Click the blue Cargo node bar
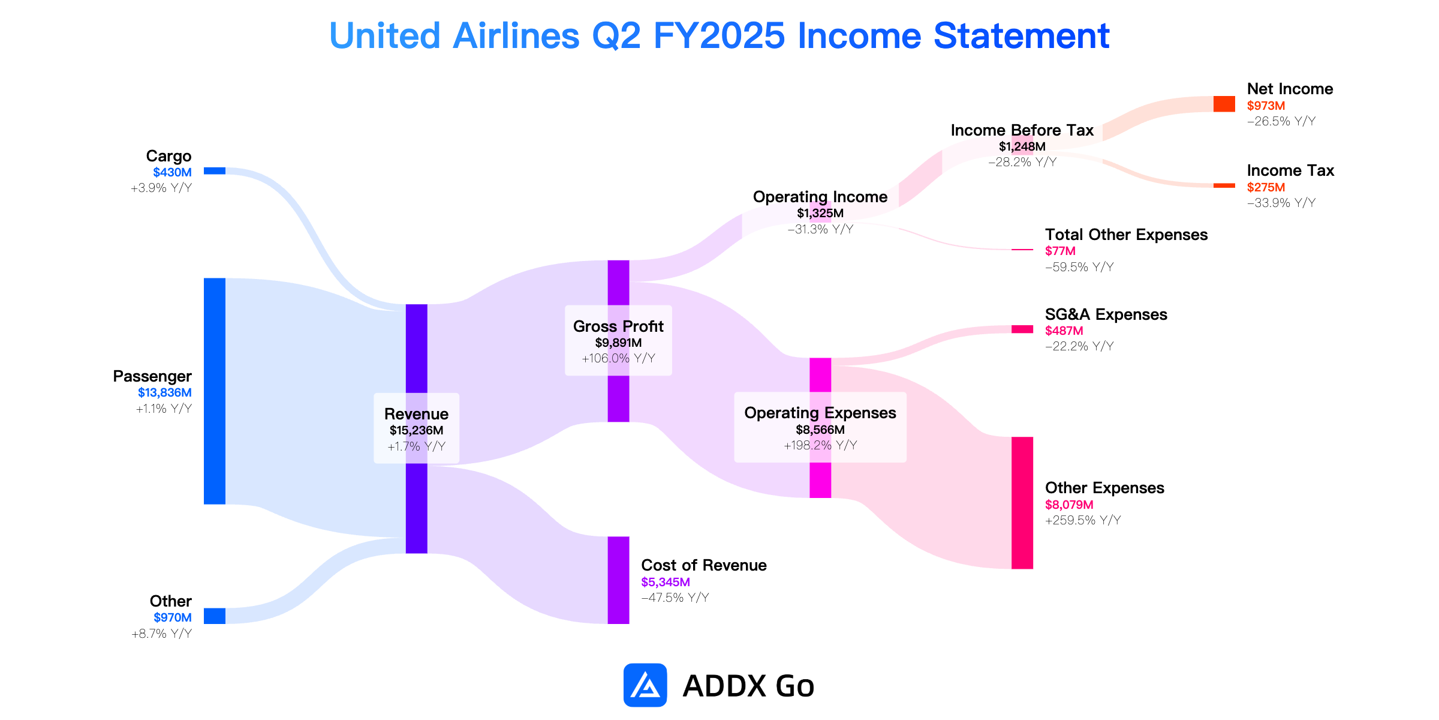click(x=215, y=171)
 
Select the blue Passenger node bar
click(x=215, y=391)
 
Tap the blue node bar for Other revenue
click(x=215, y=616)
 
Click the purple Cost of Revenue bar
click(x=618, y=580)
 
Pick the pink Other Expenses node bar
click(x=1022, y=503)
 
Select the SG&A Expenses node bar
click(x=1022, y=329)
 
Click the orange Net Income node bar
click(x=1224, y=104)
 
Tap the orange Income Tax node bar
click(x=1224, y=185)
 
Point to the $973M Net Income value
click(x=1266, y=106)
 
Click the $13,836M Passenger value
click(x=165, y=392)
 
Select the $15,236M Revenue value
click(x=417, y=430)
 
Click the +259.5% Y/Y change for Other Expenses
click(x=1083, y=520)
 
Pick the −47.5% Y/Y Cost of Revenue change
click(x=675, y=598)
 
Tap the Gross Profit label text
click(x=618, y=326)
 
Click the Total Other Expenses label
click(x=1126, y=235)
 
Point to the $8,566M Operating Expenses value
click(x=820, y=430)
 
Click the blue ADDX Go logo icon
click(x=645, y=685)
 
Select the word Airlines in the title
click(x=516, y=35)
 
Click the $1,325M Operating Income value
click(x=820, y=213)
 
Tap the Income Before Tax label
click(x=1022, y=130)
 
